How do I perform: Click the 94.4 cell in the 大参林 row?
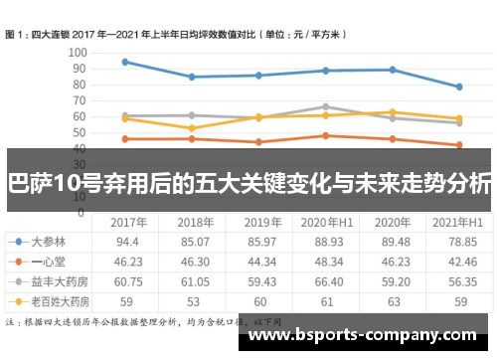click(x=127, y=242)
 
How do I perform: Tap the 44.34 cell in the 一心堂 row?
click(x=260, y=261)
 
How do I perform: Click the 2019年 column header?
click(x=260, y=222)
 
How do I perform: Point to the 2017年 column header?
click(x=127, y=222)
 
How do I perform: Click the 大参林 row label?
click(x=50, y=242)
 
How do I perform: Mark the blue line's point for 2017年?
click(x=124, y=62)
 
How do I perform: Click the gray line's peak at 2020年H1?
click(x=325, y=106)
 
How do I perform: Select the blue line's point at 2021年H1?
click(x=458, y=87)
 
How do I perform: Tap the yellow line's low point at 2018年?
click(x=191, y=128)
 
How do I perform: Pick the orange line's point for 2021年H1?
click(x=458, y=145)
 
